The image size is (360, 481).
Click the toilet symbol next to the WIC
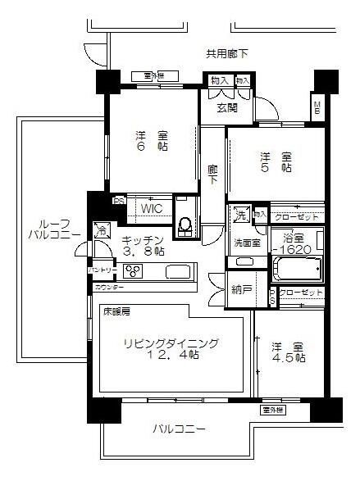[x=185, y=223]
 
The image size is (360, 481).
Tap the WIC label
[x=151, y=209]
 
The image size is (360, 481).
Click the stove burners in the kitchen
[x=133, y=272]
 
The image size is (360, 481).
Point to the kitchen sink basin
[x=178, y=271]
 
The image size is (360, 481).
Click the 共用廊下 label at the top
[x=226, y=54]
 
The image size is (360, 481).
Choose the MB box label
[x=317, y=107]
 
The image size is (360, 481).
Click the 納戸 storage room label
[x=241, y=288]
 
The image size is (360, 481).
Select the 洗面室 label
[x=245, y=243]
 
